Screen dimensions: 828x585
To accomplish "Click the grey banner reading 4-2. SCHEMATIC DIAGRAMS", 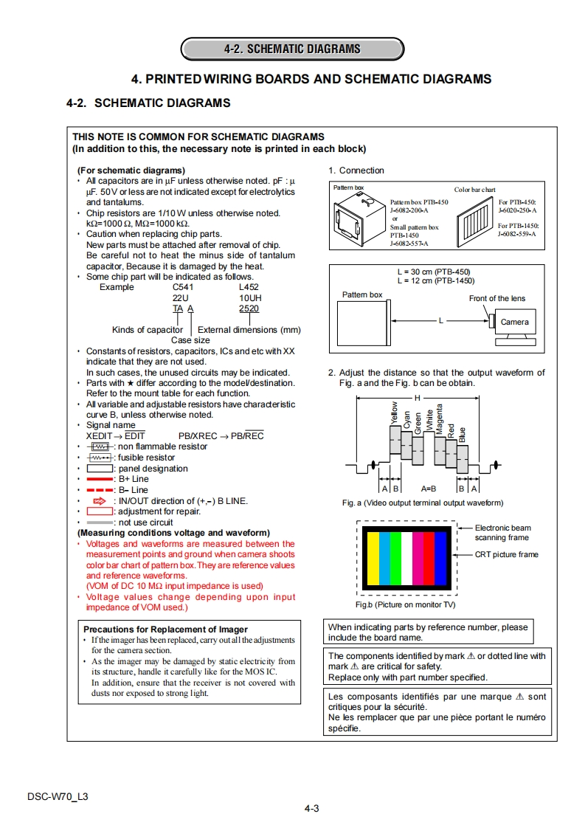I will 292,49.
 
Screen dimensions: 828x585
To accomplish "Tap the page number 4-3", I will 311,808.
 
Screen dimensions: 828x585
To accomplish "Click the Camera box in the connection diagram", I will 514,322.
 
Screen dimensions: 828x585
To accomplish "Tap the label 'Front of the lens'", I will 497,298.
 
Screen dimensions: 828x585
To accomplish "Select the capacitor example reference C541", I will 184,287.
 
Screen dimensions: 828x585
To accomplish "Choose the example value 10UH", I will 250,298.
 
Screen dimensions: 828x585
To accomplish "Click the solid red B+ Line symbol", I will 100,479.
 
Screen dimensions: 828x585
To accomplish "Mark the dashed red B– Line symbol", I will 100,490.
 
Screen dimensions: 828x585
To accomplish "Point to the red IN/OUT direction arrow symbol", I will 100,501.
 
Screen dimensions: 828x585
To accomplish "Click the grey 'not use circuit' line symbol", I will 100,522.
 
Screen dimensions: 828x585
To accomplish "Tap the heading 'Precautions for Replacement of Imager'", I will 166,629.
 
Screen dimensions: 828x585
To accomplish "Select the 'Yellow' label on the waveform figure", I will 395,413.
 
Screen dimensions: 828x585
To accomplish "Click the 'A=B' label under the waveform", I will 429,489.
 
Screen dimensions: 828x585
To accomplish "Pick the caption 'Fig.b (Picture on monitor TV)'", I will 405,604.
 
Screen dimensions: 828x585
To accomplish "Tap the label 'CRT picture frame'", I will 506,554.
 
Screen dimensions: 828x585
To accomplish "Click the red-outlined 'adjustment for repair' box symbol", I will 100,511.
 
